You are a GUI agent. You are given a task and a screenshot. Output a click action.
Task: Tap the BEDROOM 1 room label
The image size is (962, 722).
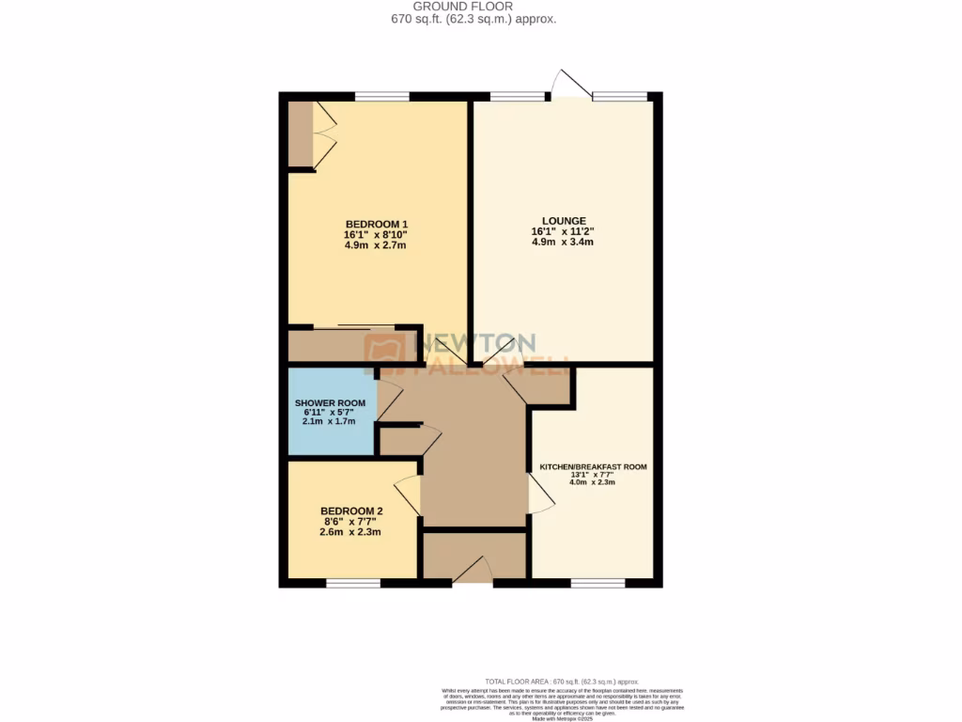(x=375, y=223)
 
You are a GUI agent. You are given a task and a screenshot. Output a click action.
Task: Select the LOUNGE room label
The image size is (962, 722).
(x=563, y=220)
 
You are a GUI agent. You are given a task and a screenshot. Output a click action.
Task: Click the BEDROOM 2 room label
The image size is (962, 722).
(x=352, y=511)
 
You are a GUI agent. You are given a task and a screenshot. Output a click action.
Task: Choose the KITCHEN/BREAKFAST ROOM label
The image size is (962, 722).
(x=593, y=466)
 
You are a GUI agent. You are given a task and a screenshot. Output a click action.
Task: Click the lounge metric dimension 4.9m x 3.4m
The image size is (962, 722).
(x=563, y=242)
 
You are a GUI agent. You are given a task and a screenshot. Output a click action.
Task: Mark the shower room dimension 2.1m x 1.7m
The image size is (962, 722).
(x=328, y=422)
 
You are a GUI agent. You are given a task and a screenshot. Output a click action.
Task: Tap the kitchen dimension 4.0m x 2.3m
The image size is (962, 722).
(x=593, y=482)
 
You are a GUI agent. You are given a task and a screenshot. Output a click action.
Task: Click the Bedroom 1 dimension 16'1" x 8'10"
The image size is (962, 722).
(x=375, y=234)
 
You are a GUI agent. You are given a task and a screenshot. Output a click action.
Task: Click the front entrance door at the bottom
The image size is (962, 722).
(x=473, y=571)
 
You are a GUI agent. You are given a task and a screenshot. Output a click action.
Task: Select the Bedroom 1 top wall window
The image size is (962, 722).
(x=382, y=96)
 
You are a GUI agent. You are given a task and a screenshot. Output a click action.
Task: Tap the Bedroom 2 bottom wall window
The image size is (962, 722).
(x=353, y=583)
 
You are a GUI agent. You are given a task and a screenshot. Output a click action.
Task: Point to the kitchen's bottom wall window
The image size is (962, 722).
(x=598, y=583)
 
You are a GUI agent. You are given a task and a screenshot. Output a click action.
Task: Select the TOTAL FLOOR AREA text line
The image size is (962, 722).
(x=562, y=681)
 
